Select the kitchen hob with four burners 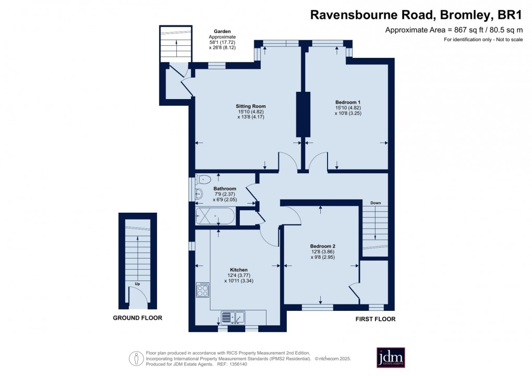tap(202, 289)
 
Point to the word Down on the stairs tap(375, 203)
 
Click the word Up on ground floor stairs tap(138, 284)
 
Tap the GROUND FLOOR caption tap(138, 318)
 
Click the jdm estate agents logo tap(391, 357)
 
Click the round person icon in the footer tap(136, 358)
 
